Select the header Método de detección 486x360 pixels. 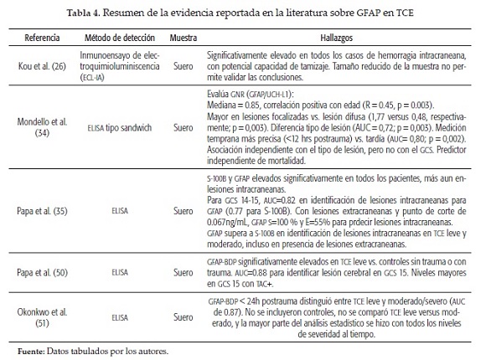tap(116, 39)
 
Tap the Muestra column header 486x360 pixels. tap(183, 39)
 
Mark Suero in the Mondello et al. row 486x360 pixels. tap(183, 127)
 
